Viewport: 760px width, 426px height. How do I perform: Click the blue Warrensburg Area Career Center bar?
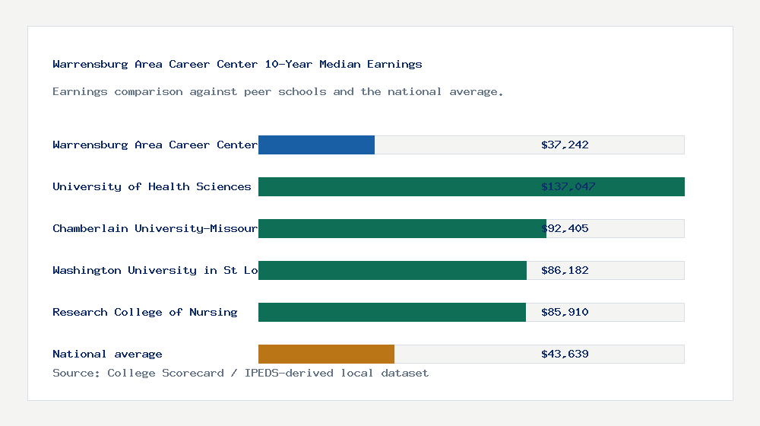(316, 145)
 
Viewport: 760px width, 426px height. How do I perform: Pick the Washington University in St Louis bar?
(392, 270)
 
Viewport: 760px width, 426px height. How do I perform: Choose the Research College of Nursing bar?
(391, 312)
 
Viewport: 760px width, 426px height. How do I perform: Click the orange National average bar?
(326, 354)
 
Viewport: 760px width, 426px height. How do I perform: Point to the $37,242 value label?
(565, 145)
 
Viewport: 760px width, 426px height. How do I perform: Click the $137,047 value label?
(568, 186)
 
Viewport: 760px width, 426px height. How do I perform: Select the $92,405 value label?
(565, 228)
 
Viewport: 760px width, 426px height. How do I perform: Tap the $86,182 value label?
(565, 270)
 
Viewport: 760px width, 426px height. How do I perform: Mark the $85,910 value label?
(565, 312)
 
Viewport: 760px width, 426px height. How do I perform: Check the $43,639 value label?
(565, 354)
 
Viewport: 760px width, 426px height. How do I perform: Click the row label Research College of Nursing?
(144, 312)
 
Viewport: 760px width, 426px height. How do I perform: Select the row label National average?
(107, 354)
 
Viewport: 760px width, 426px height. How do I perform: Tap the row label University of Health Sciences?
(151, 186)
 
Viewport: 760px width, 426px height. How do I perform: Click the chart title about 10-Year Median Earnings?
(237, 64)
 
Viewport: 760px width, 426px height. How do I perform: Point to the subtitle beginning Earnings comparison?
(278, 91)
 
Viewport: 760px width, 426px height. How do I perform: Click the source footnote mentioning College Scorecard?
(240, 373)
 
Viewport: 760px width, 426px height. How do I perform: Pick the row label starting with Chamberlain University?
(155, 228)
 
